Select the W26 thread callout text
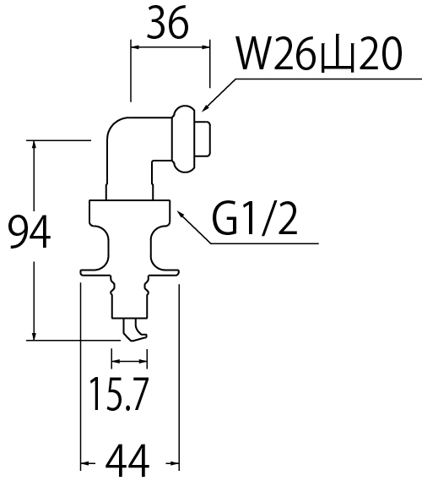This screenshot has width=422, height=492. [319, 54]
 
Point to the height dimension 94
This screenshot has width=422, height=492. [30, 232]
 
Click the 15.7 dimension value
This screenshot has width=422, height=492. [118, 394]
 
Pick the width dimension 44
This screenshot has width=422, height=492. [127, 461]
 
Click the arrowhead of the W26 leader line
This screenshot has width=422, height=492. [206, 107]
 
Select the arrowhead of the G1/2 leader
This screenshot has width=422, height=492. [181, 215]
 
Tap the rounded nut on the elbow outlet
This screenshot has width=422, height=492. [184, 139]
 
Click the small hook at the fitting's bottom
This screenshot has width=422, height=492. [135, 330]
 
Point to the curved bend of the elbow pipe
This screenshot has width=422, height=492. [117, 128]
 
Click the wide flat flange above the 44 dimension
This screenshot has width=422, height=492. [130, 272]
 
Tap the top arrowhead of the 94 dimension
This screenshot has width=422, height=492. [34, 145]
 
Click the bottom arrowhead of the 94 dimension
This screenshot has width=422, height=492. [34, 335]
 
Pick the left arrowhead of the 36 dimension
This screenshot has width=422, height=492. [136, 47]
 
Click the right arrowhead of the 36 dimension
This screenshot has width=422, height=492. [205, 47]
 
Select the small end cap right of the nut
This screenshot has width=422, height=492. [203, 139]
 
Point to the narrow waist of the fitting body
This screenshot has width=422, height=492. [130, 247]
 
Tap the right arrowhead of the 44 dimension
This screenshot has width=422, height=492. [174, 463]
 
